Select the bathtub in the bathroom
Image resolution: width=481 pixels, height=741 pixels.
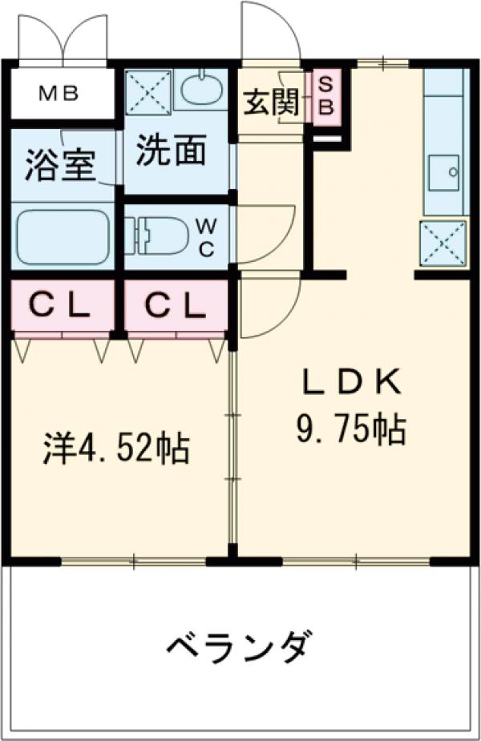coord(63,238)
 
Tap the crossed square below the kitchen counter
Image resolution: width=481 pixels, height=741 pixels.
coord(443,243)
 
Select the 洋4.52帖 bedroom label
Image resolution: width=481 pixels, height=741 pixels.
coord(115,449)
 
